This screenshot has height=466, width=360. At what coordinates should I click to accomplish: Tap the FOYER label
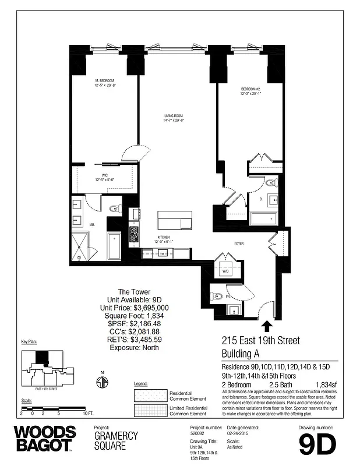(x=239, y=243)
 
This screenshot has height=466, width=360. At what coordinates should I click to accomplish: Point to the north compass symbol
(x=102, y=382)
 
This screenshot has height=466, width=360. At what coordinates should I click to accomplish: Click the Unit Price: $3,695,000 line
(x=135, y=308)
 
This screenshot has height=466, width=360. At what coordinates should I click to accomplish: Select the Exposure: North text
(x=135, y=348)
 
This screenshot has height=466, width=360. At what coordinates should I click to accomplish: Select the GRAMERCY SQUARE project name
(x=116, y=440)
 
